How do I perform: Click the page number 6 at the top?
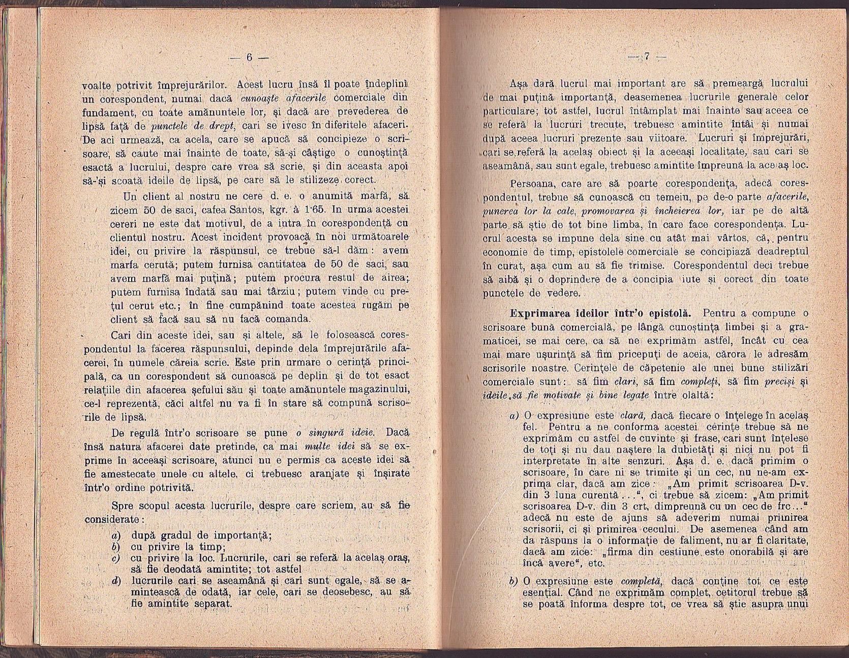(x=249, y=57)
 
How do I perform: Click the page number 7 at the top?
(x=647, y=57)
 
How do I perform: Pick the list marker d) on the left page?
(x=115, y=581)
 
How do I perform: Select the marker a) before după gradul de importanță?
(x=115, y=535)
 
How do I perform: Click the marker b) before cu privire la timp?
(x=115, y=547)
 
